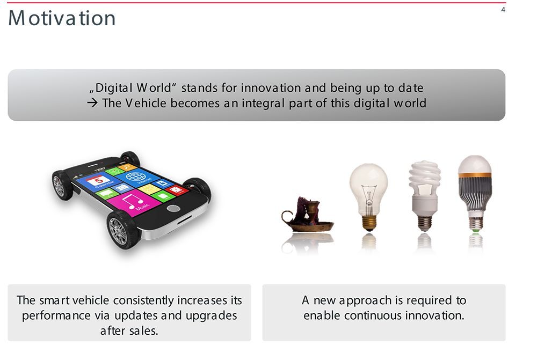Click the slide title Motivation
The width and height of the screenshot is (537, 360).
coord(62,18)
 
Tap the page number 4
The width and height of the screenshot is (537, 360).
coord(503,10)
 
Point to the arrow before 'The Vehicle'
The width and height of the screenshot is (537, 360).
coord(92,102)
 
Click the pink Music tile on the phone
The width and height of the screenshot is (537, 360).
coord(134,201)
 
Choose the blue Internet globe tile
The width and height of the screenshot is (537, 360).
coord(137,177)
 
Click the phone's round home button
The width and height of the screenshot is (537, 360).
coord(173,208)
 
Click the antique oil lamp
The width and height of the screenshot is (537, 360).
coord(307,215)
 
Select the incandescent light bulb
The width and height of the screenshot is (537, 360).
coord(368,197)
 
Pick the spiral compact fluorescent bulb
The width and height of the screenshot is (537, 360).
coord(425,196)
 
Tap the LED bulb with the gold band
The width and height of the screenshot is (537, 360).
coord(475,193)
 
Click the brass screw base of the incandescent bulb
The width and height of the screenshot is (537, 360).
coord(369,223)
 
